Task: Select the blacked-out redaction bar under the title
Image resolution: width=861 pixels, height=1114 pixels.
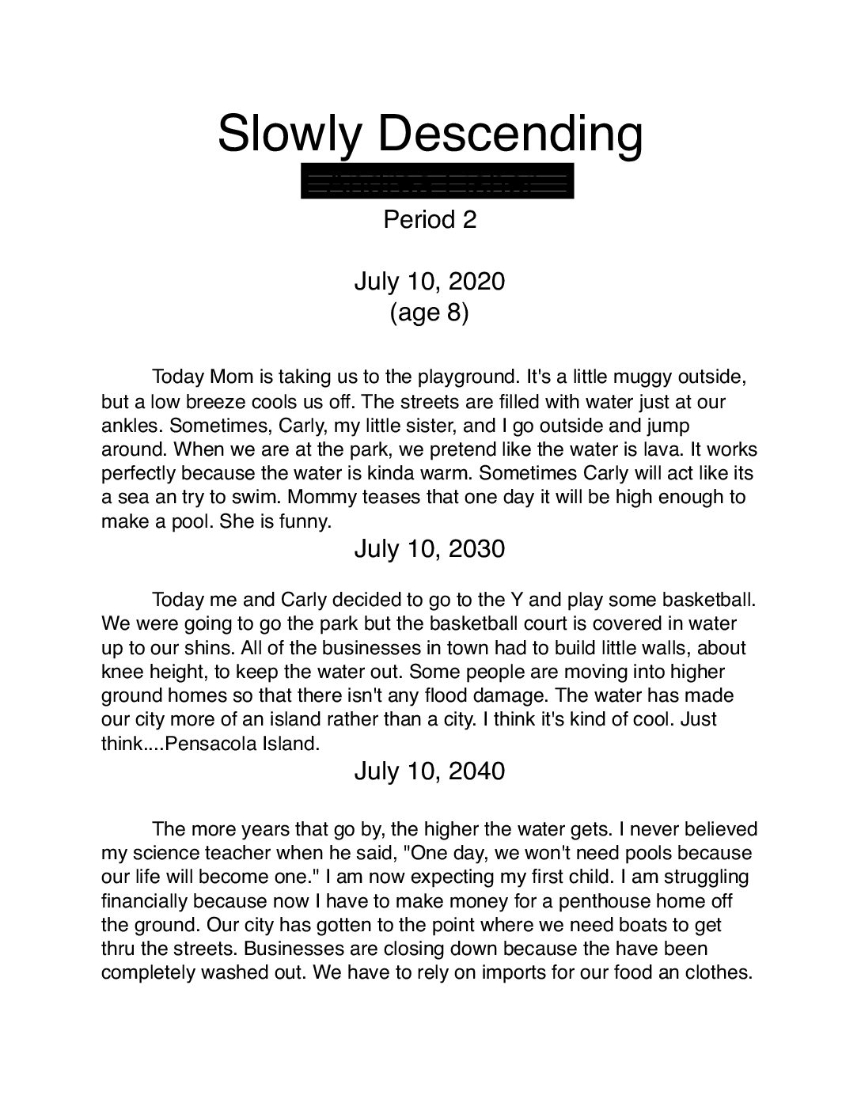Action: click(437, 181)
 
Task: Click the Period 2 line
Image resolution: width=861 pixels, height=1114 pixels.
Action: click(430, 219)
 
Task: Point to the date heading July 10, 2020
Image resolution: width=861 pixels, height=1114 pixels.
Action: click(429, 281)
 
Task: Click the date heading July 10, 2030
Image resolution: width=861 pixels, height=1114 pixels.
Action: click(429, 548)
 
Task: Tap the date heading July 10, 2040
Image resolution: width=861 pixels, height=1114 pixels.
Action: click(429, 771)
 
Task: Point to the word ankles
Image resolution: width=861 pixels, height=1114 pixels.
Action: click(132, 426)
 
